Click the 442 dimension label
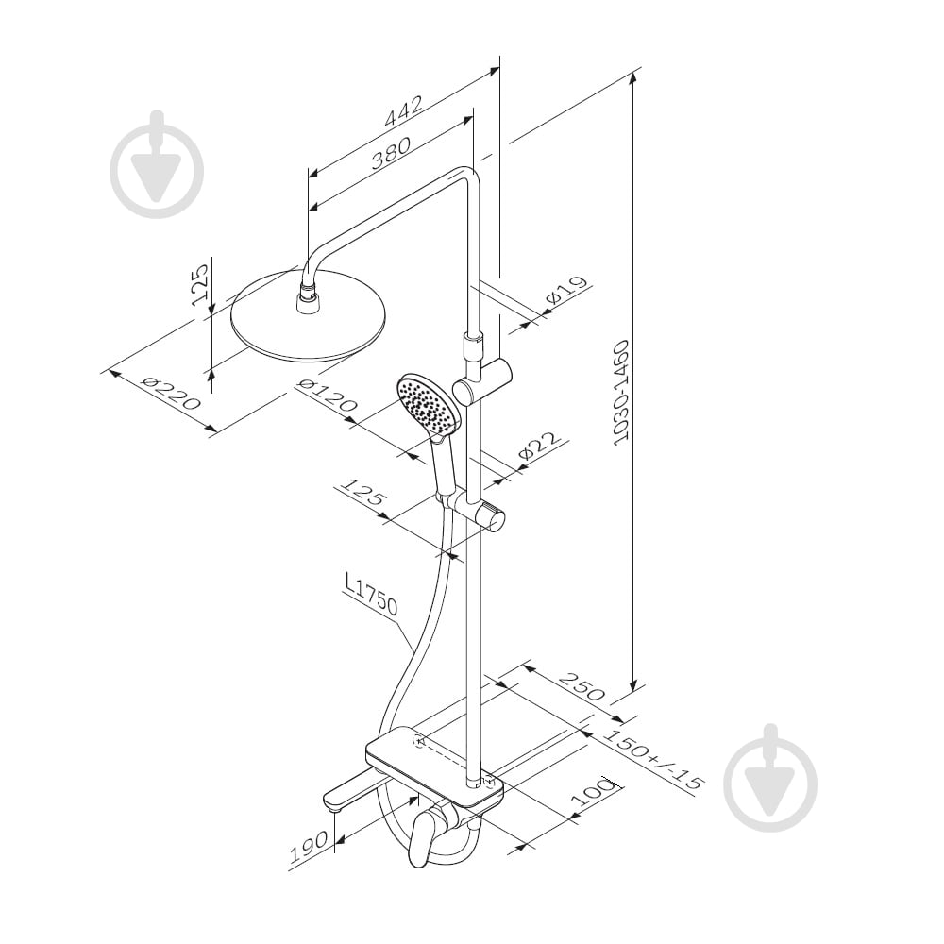404,111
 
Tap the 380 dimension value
391,154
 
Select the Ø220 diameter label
170,392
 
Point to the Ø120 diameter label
327,396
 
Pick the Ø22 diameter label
539,447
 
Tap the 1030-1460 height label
619,393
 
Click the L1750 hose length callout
371,596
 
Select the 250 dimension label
582,686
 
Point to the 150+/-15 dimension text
654,760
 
